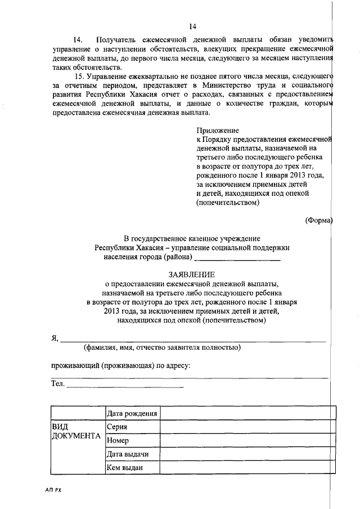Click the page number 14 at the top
tap(192, 26)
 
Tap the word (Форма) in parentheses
tap(319, 219)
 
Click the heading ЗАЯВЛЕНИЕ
tap(192, 274)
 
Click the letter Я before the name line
tap(54, 337)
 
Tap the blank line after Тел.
tap(125, 386)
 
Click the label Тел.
tap(57, 385)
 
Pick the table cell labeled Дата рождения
tap(132, 414)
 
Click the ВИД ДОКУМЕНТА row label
tap(75, 432)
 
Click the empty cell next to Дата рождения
tap(248, 414)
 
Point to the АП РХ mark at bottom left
tap(54, 490)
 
